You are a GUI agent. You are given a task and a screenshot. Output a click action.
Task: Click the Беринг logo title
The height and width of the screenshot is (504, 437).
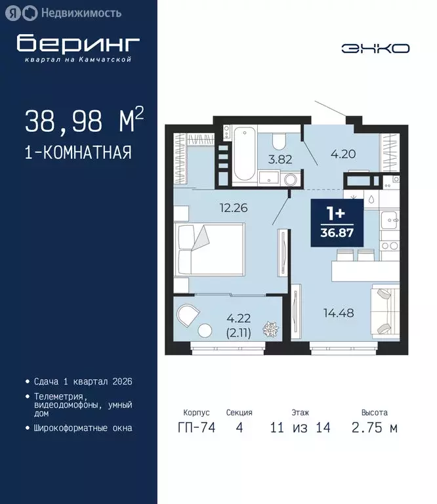coord(78,43)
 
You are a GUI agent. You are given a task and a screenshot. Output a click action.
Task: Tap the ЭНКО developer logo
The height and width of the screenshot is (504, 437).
coord(375,48)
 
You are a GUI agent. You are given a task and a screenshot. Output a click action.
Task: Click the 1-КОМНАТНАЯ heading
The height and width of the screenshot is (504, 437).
coord(78,153)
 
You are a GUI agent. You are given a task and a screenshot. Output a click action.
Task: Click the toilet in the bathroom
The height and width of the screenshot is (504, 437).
coord(279,141)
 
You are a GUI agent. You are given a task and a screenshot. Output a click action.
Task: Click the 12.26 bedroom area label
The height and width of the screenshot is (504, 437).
coord(234,209)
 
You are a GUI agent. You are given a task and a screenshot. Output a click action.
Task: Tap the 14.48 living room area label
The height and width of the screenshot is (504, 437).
coord(339,313)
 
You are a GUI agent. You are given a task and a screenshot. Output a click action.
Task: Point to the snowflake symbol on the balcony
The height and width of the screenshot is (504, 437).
coord(268,328)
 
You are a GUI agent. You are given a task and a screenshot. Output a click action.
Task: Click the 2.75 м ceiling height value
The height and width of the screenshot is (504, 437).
coord(375,428)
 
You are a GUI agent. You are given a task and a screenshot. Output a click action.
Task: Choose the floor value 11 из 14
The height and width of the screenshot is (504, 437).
coord(300,428)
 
